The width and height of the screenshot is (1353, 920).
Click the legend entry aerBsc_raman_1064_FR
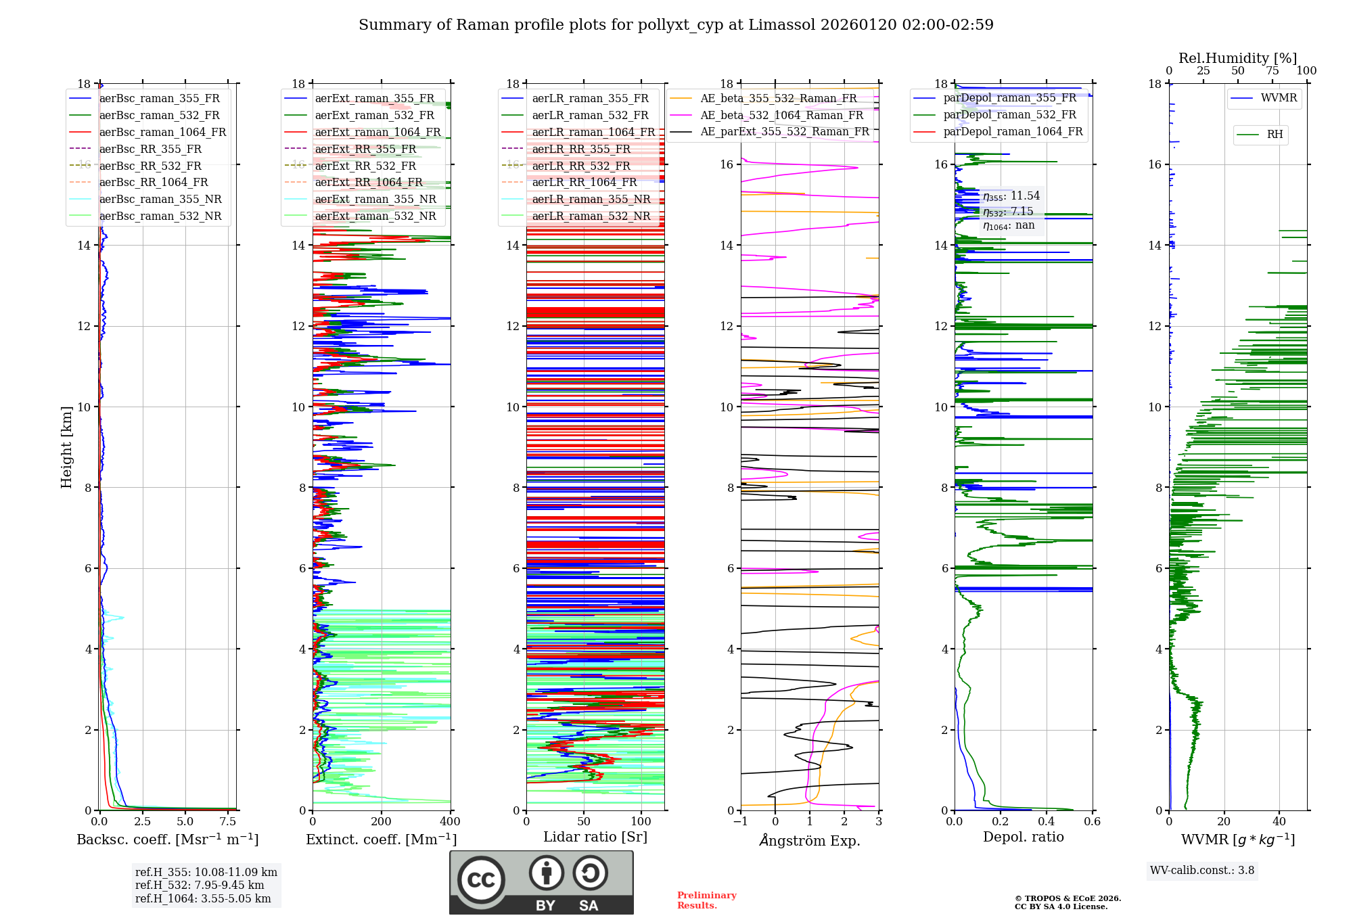pyautogui.click(x=162, y=132)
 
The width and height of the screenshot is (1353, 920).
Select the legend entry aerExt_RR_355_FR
pyautogui.click(x=365, y=149)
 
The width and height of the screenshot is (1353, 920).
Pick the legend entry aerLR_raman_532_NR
pyautogui.click(x=591, y=216)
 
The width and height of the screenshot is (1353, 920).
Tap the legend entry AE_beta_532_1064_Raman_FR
pyautogui.click(x=781, y=115)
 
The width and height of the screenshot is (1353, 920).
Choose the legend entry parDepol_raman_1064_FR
pyautogui.click(x=1013, y=131)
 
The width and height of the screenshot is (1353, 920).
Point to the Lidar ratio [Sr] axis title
pyautogui.click(x=595, y=837)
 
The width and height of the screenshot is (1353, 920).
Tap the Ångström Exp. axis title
pyautogui.click(x=810, y=840)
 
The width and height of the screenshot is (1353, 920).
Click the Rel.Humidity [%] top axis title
pyautogui.click(x=1237, y=58)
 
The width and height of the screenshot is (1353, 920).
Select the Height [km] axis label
pyautogui.click(x=66, y=446)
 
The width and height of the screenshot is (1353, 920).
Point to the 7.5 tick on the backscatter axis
pyautogui.click(x=228, y=821)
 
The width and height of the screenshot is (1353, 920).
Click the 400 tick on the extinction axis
pyautogui.click(x=450, y=821)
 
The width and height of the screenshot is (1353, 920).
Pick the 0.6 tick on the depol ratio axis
pyautogui.click(x=1092, y=821)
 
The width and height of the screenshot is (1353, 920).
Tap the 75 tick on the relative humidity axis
pyautogui.click(x=1272, y=70)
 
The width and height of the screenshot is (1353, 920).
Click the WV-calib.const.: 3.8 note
pyautogui.click(x=1202, y=870)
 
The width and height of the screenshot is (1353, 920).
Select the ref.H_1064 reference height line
pyautogui.click(x=203, y=898)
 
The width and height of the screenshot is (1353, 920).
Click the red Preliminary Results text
pyautogui.click(x=706, y=900)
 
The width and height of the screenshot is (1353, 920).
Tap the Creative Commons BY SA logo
pyautogui.click(x=541, y=882)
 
